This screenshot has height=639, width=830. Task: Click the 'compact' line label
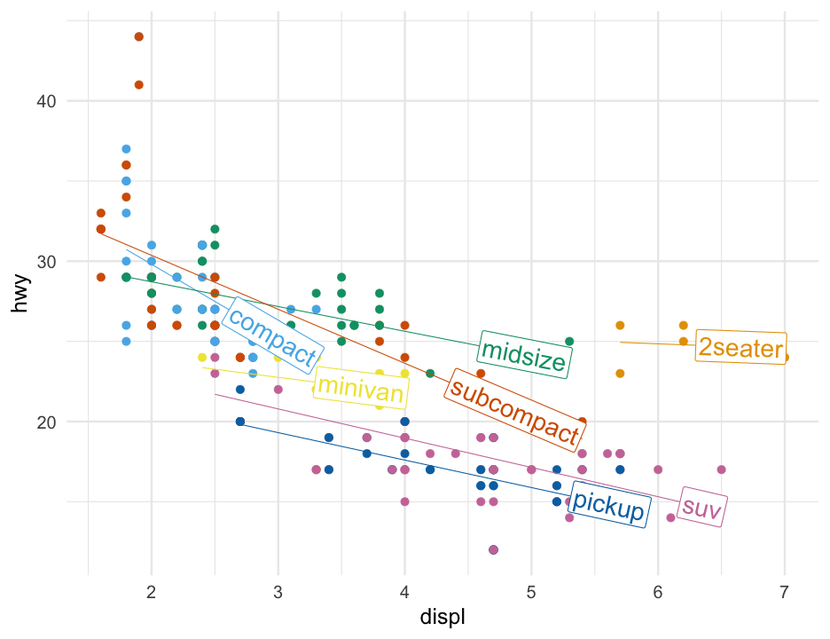coord(271,335)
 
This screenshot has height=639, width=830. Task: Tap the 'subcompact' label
coord(515,410)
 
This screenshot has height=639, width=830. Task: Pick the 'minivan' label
coord(360,387)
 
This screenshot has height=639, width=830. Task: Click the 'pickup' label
coord(608,505)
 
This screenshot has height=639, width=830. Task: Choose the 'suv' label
coord(702,508)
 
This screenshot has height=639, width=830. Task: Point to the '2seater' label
coord(741,348)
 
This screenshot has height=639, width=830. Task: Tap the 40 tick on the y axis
coord(46,101)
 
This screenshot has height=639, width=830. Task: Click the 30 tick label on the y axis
coord(46,262)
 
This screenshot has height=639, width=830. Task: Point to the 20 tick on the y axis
coord(46,422)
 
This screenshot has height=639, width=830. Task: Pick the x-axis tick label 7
coord(785,591)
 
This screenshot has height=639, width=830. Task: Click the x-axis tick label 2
coord(152,591)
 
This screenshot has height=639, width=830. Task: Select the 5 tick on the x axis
coord(531,591)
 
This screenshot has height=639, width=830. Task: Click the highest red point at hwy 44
coord(139,36)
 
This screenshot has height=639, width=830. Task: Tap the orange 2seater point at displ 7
coord(785,358)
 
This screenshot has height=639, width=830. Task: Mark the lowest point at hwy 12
coord(494,550)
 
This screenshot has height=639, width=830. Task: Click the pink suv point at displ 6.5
coord(722,469)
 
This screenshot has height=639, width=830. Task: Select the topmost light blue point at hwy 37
coord(126,149)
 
